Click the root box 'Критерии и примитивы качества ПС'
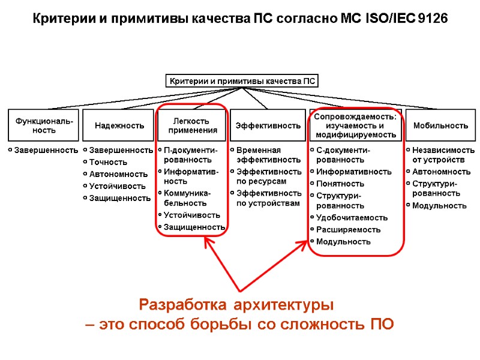241,81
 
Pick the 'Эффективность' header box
268,125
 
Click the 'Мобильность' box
440,125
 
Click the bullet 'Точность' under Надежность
108,162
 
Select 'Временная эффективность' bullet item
268,155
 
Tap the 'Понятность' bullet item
340,184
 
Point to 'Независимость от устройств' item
443,155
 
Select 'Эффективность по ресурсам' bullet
268,176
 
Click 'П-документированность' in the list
190,155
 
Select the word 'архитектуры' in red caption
293,304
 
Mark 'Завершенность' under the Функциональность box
46,150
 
